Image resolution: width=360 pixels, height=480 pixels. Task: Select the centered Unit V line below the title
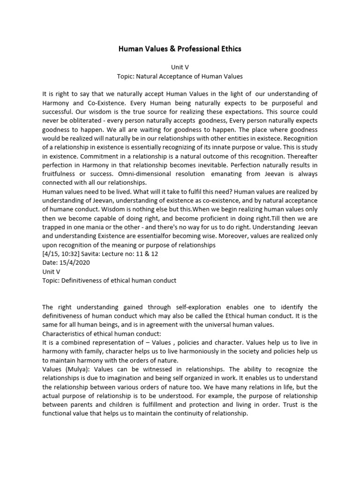180,67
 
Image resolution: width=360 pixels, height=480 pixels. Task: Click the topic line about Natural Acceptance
180,76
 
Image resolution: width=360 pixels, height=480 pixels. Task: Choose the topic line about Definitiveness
109,281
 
